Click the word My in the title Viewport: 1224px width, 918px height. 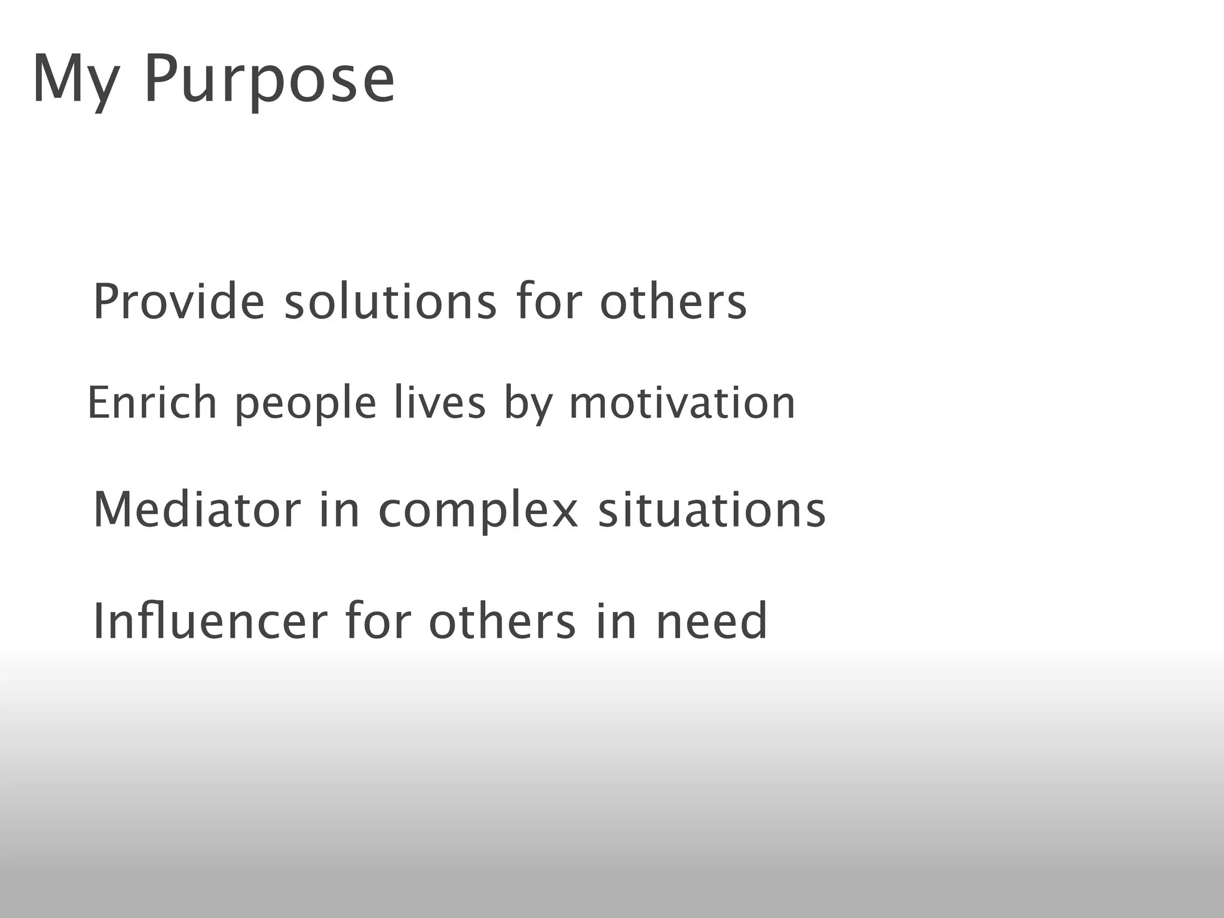(74, 80)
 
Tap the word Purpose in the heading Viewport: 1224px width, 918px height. (269, 80)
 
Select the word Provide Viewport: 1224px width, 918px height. (178, 302)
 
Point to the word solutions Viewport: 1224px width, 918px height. (390, 302)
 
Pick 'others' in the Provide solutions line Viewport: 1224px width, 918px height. (673, 302)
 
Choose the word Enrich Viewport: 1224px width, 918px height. (152, 403)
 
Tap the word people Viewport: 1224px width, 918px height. (305, 404)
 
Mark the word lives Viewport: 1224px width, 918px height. (440, 403)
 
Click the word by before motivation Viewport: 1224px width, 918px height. (528, 404)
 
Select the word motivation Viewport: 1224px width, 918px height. (682, 403)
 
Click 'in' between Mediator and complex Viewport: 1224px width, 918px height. (339, 510)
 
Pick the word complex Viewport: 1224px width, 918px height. (479, 511)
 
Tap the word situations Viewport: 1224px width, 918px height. (712, 510)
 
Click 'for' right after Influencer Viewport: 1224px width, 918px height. (378, 622)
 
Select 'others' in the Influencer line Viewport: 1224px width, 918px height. (502, 622)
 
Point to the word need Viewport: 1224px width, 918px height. (711, 622)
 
